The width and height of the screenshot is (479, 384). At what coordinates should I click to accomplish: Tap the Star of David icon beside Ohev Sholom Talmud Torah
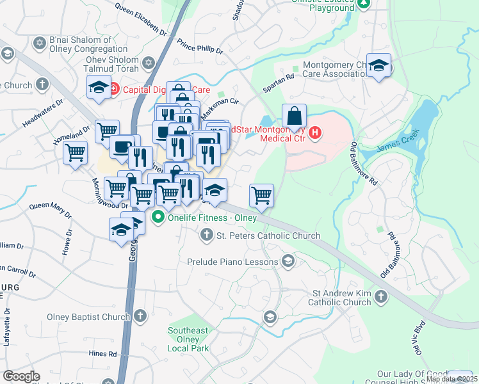point(149,63)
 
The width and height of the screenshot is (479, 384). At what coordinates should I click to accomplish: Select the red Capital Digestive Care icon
point(113,89)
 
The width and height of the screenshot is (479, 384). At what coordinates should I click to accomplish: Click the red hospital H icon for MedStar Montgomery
point(315,133)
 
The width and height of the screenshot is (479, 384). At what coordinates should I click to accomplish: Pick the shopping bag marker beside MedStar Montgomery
point(294,116)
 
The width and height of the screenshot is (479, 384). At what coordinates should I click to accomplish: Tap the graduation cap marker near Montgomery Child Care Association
point(378,67)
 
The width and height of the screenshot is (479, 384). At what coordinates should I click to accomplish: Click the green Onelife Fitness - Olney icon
point(158,218)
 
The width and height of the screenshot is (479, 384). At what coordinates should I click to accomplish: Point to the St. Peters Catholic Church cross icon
point(206,236)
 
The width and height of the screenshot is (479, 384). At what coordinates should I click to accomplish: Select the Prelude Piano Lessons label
point(232,262)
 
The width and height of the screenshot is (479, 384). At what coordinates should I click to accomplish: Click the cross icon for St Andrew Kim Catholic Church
point(381,297)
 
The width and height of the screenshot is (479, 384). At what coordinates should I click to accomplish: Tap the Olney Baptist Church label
point(89,316)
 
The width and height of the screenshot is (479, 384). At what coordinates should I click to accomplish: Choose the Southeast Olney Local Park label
point(188,339)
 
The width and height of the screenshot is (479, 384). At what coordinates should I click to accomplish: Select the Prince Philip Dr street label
point(200,47)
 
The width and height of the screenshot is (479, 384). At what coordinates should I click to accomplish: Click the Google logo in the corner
point(22,376)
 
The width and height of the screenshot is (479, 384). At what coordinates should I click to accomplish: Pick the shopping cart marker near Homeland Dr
point(76,154)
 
